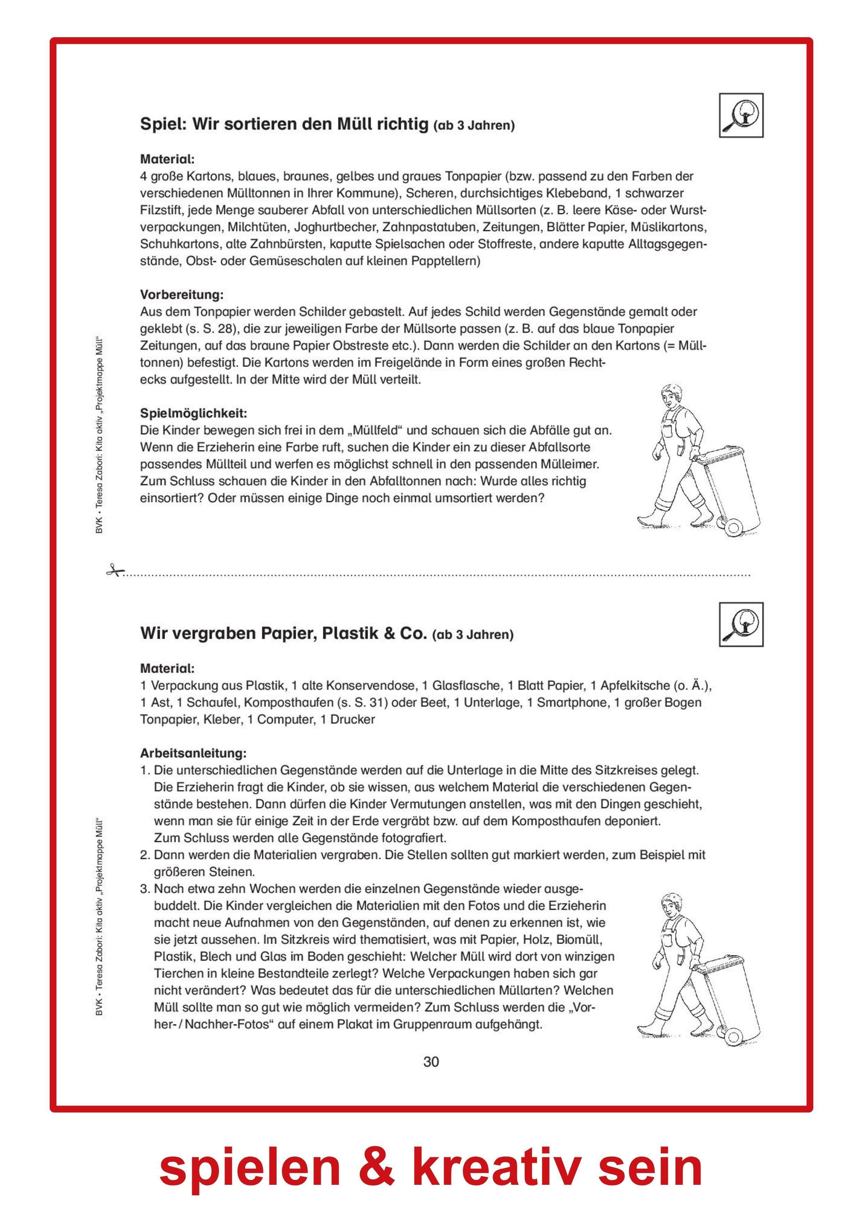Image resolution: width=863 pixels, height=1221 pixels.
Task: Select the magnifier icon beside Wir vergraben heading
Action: [741, 625]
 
